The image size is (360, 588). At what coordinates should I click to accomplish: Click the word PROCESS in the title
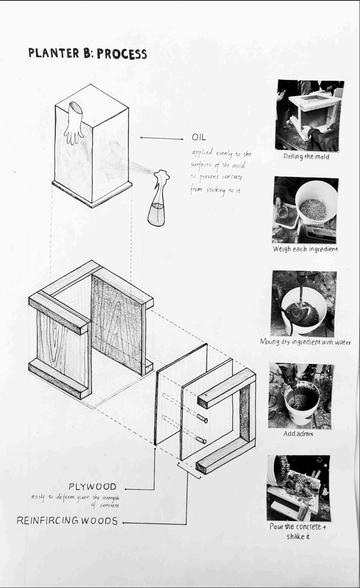[x=122, y=54]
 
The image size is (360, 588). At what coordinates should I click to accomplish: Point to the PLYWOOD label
[x=92, y=486]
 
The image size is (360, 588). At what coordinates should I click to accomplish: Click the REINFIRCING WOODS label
[x=67, y=520]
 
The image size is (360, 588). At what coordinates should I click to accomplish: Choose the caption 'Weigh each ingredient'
[x=305, y=249]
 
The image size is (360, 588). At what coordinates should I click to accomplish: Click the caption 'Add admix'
[x=298, y=433]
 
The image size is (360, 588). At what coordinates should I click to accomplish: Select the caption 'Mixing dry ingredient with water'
[x=305, y=341]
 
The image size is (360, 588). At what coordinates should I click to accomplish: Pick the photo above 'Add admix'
[x=301, y=396]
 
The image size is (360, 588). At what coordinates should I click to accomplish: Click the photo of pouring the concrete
[x=298, y=488]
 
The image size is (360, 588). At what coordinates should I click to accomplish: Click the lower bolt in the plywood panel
[x=201, y=440]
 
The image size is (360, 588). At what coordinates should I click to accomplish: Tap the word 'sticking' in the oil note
[x=216, y=190]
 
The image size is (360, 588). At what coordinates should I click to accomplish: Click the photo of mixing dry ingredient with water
[x=303, y=304]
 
